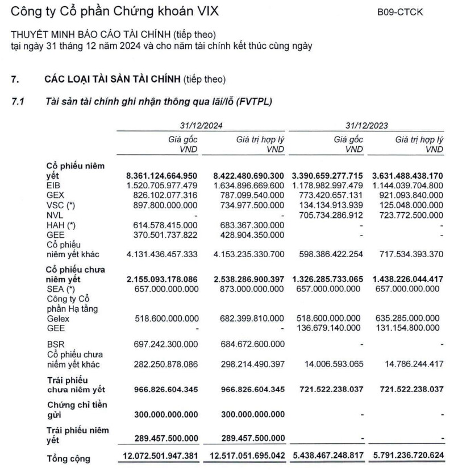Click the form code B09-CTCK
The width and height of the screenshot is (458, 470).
click(400, 11)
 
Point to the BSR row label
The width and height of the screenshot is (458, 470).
click(54, 344)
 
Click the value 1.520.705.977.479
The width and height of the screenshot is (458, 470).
click(162, 185)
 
